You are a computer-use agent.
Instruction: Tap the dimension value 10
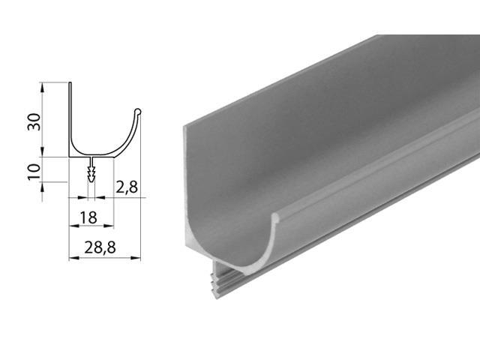[33, 170]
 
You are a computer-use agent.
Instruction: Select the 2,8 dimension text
[127, 188]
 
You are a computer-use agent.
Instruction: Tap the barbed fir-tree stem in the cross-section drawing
[91, 172]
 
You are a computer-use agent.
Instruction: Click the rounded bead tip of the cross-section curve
[137, 112]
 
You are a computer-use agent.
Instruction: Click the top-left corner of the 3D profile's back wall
[184, 126]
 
